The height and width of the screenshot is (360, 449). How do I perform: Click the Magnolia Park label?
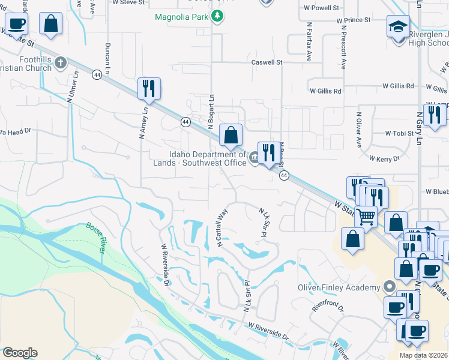181,17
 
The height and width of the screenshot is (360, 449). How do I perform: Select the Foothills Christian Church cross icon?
60,62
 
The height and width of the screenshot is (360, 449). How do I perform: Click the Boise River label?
95,237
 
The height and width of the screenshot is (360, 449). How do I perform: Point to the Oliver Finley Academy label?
340,287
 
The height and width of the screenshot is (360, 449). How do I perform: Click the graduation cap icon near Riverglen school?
398,28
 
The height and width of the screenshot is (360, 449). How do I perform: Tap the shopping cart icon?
366,216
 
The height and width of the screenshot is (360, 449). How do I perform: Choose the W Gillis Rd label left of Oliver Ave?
325,91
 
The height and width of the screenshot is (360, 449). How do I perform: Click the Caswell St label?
267,62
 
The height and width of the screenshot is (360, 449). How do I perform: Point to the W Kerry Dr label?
385,158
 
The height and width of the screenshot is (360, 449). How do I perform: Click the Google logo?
20,353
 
